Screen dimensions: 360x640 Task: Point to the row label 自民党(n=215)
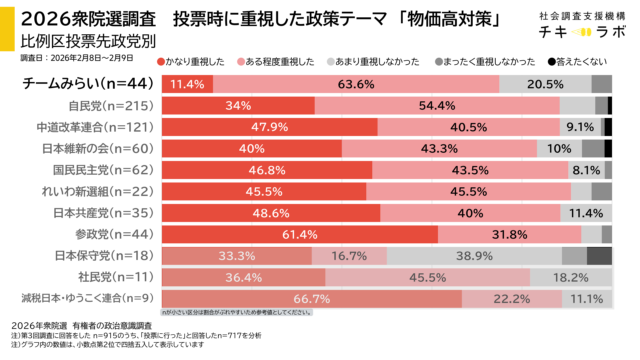point(111,105)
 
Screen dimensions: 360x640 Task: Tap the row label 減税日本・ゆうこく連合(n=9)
point(88,298)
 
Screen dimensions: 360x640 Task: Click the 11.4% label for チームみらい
point(186,84)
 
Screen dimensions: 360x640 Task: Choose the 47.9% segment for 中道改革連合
point(270,127)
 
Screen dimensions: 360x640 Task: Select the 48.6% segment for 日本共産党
point(272,212)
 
